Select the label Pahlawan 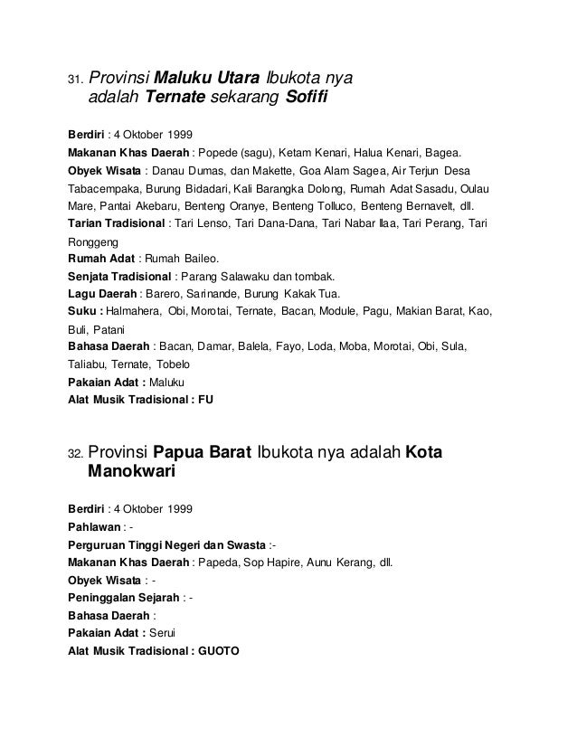[x=93, y=525]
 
